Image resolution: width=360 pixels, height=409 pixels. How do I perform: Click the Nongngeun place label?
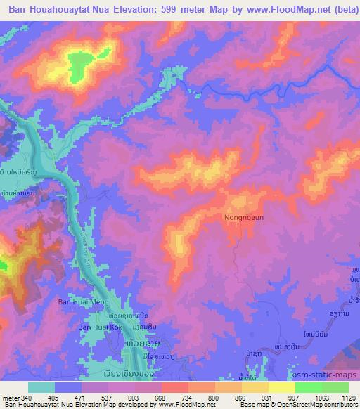pyautogui.click(x=244, y=218)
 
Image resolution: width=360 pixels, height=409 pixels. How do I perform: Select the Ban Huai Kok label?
pyautogui.click(x=99, y=327)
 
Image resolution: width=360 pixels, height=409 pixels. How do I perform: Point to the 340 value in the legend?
pyautogui.click(x=33, y=398)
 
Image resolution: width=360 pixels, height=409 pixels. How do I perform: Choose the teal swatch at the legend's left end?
pyautogui.click(x=41, y=387)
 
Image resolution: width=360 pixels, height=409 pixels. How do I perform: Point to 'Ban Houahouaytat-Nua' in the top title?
pyautogui.click(x=65, y=10)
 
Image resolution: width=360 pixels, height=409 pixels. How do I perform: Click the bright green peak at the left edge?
pyautogui.click(x=3, y=266)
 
